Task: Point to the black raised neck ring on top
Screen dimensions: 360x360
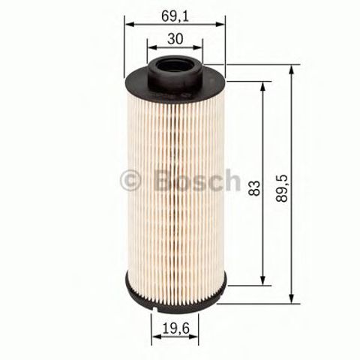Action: [176, 73]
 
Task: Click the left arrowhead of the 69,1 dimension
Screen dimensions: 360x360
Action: [127, 23]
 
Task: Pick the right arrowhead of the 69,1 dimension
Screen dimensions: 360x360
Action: [222, 23]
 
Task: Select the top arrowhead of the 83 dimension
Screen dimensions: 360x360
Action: [262, 84]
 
